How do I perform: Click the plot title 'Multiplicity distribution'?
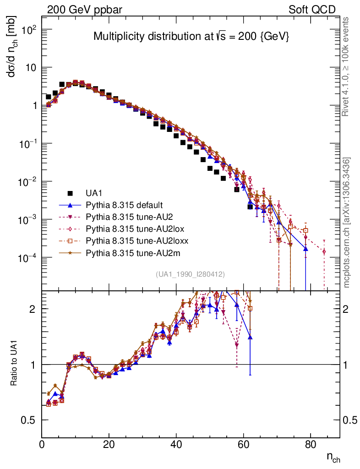click(x=191, y=37)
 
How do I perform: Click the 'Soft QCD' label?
click(x=312, y=9)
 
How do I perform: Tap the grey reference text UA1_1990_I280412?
click(x=190, y=274)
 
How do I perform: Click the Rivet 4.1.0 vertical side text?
click(x=347, y=66)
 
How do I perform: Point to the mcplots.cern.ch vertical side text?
click(x=347, y=222)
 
